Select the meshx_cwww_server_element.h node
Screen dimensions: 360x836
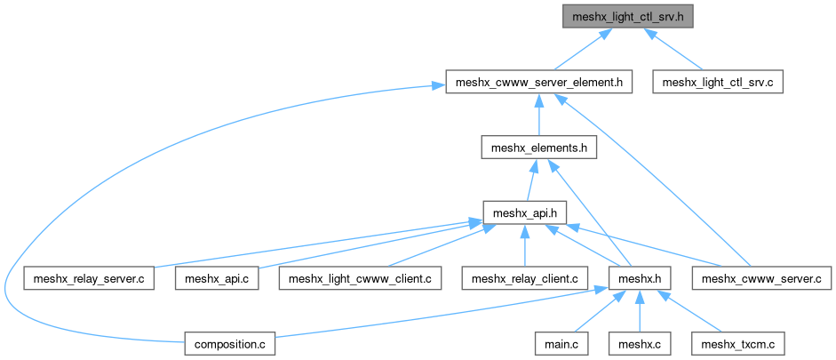coord(537,83)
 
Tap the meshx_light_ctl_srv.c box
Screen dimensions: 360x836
coord(718,83)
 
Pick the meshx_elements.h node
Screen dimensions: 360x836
coord(537,148)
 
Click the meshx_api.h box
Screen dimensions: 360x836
coord(524,212)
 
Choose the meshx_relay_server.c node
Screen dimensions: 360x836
coord(90,278)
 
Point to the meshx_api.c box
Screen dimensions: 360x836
coord(217,278)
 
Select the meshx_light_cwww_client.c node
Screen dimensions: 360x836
coord(361,278)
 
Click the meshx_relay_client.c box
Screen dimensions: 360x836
coord(525,278)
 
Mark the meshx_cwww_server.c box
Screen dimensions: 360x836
coord(762,278)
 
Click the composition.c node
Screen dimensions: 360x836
coord(231,343)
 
